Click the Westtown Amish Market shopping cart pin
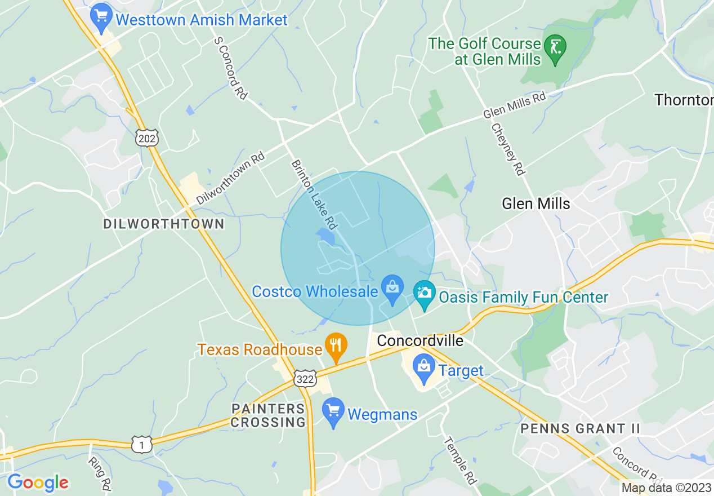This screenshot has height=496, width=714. coord(101,17)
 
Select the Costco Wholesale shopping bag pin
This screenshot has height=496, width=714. coord(392,289)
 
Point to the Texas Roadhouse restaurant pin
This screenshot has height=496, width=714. coord(336,347)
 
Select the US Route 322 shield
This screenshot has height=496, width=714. coord(305,379)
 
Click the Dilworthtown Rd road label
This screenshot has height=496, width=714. coord(230,179)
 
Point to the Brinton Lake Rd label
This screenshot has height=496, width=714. coord(314,194)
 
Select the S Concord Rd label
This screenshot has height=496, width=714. coord(230,68)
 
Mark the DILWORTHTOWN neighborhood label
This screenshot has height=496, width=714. coord(164,224)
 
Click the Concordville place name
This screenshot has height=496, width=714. coord(420,340)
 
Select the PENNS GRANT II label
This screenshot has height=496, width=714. coord(581,428)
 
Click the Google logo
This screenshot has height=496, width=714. coord(38,482)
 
